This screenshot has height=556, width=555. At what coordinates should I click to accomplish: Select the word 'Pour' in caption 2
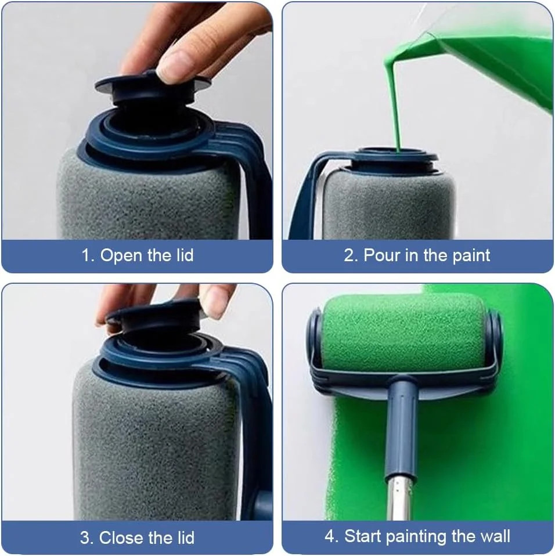click(x=382, y=255)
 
